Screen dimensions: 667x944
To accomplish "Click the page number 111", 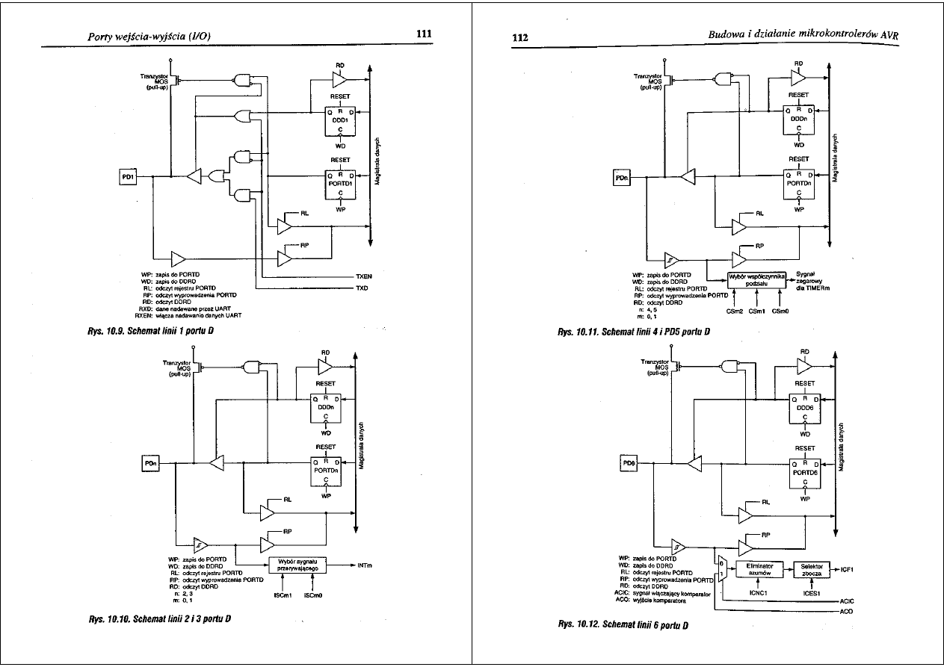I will click(x=423, y=34).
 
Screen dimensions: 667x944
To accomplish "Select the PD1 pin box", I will click(x=129, y=177).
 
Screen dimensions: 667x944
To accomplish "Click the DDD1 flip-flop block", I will click(x=339, y=120).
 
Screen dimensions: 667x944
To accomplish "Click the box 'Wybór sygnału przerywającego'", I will click(x=297, y=565).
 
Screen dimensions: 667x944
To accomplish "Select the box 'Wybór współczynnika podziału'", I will click(x=757, y=279).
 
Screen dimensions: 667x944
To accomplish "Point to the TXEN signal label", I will click(x=363, y=277).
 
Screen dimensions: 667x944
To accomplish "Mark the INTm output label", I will click(x=365, y=565).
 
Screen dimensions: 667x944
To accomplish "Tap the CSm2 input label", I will click(x=734, y=311).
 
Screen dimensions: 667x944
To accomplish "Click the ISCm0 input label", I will click(x=312, y=596).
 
